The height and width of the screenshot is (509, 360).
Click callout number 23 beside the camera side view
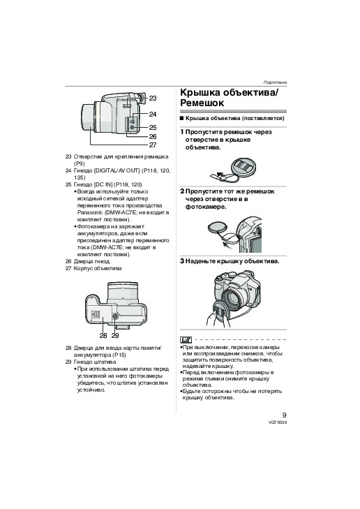coord(153,98)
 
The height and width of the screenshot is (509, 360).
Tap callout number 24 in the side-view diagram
coord(153,115)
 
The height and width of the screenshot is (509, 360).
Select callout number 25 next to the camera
coord(153,128)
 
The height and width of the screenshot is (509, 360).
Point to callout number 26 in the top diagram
coord(153,137)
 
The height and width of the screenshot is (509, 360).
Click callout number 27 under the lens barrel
coord(153,145)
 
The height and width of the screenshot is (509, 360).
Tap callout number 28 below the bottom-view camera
coord(103,336)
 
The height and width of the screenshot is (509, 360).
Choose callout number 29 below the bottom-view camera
coord(115,336)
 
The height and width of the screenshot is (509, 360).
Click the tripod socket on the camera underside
coord(115,316)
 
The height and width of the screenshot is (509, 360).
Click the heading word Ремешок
coord(202,103)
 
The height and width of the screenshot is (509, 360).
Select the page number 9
coord(285,415)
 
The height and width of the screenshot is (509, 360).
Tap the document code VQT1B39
coord(278,422)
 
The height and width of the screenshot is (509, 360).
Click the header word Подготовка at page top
coord(275,82)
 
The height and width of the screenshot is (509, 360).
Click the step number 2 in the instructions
coord(182,191)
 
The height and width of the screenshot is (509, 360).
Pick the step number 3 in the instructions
coord(182,261)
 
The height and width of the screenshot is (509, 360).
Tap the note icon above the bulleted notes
coord(186,340)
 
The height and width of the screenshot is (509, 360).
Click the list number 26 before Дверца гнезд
coord(68,261)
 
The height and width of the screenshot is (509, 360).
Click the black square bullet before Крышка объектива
coord(182,118)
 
